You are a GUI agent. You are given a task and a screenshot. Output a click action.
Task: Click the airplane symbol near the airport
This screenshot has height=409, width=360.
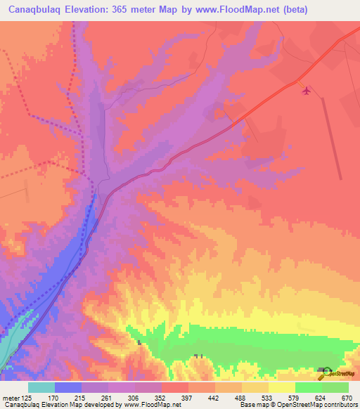pyautogui.click(x=305, y=90)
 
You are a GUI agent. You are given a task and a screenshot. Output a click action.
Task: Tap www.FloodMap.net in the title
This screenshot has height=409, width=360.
pyautogui.click(x=239, y=11)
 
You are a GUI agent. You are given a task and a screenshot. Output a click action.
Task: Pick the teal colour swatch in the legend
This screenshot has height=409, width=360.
pyautogui.click(x=41, y=387)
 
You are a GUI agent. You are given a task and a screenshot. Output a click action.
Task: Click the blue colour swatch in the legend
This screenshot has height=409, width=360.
pyautogui.click(x=68, y=387)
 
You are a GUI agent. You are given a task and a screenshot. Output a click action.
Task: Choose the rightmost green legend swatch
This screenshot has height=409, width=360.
pyautogui.click(x=335, y=387)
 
